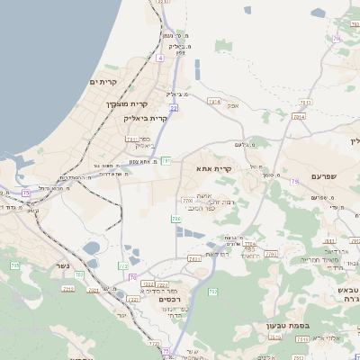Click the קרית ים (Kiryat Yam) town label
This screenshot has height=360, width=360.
coord(103,82)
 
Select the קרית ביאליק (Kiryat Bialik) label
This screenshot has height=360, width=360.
coord(147,118)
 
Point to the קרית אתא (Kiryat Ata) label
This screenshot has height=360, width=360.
coord(213,168)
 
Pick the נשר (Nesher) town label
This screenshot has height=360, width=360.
coord(61,265)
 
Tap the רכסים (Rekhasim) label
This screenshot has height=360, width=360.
coord(168,299)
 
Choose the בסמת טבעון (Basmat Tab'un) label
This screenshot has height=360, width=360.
coord(287,326)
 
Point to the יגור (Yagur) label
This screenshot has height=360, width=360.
coord(121,314)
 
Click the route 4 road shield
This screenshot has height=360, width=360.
coord(159,58)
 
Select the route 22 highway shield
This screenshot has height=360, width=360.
coord(174,108)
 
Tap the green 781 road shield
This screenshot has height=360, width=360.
coord(166,161)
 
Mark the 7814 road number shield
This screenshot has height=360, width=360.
coord(214,102)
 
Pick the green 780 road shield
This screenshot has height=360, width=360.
coord(175,219)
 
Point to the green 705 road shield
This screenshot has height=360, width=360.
coord(14,265)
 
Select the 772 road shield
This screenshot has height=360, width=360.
coord(123,265)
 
